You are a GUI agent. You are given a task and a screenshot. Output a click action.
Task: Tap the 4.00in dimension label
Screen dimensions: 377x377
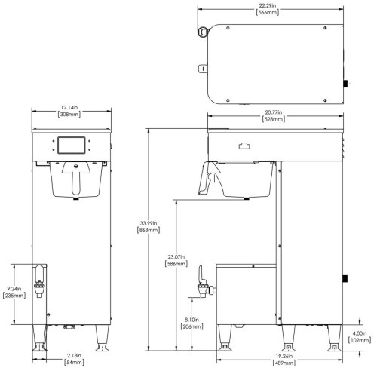[x=357, y=333]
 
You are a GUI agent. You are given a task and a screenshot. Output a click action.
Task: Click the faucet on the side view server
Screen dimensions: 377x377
[x=202, y=280]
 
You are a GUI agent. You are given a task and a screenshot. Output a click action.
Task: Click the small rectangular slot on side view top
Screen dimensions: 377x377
[x=244, y=147]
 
